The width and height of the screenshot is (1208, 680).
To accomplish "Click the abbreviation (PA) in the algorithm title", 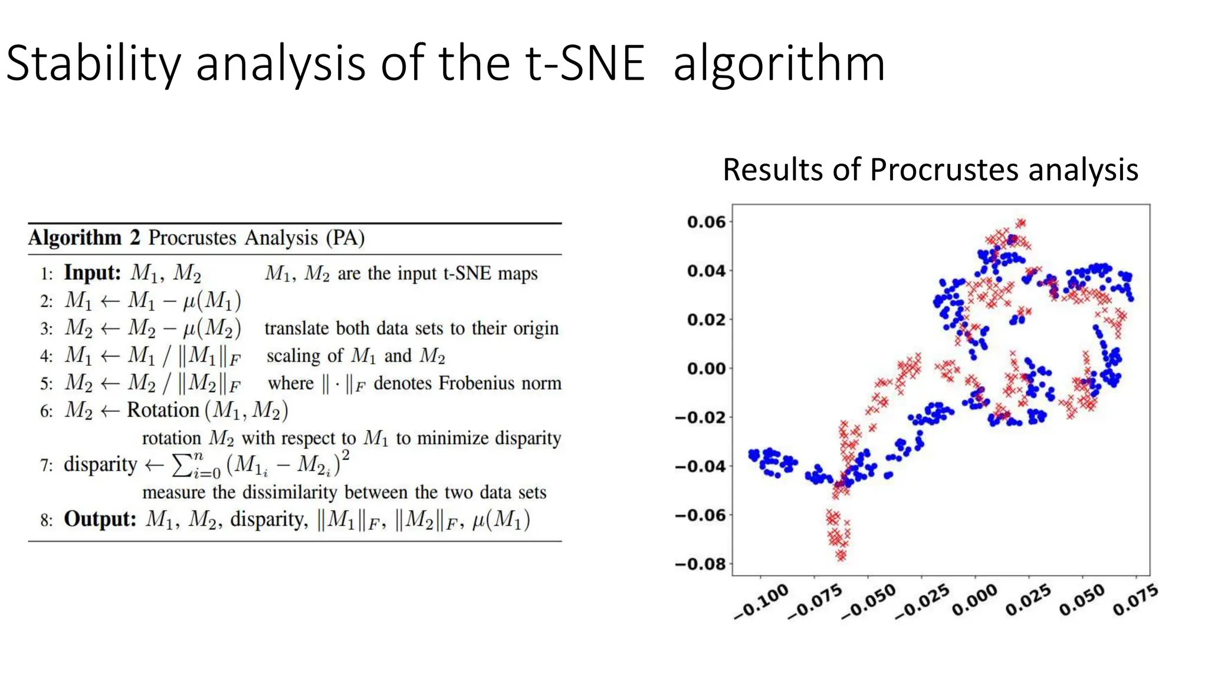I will (346, 237).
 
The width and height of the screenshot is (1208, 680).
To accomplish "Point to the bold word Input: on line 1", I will (92, 273).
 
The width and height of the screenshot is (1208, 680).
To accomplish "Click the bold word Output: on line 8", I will (100, 519).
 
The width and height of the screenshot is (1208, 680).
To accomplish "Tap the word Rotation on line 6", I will (163, 410).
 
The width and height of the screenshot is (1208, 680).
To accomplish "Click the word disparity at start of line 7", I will (100, 464).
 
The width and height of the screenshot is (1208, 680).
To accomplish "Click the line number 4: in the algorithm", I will (47, 356).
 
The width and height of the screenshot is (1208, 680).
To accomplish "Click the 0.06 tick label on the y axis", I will (706, 222).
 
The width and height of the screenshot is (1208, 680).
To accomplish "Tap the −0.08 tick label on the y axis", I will (700, 564).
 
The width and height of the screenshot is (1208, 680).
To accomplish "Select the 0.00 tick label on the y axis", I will (706, 368).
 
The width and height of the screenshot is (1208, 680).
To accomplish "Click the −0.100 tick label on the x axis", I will (761, 601).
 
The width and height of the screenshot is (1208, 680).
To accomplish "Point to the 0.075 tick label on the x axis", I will (1135, 600).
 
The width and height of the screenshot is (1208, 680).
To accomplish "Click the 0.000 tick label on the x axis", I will (975, 600).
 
